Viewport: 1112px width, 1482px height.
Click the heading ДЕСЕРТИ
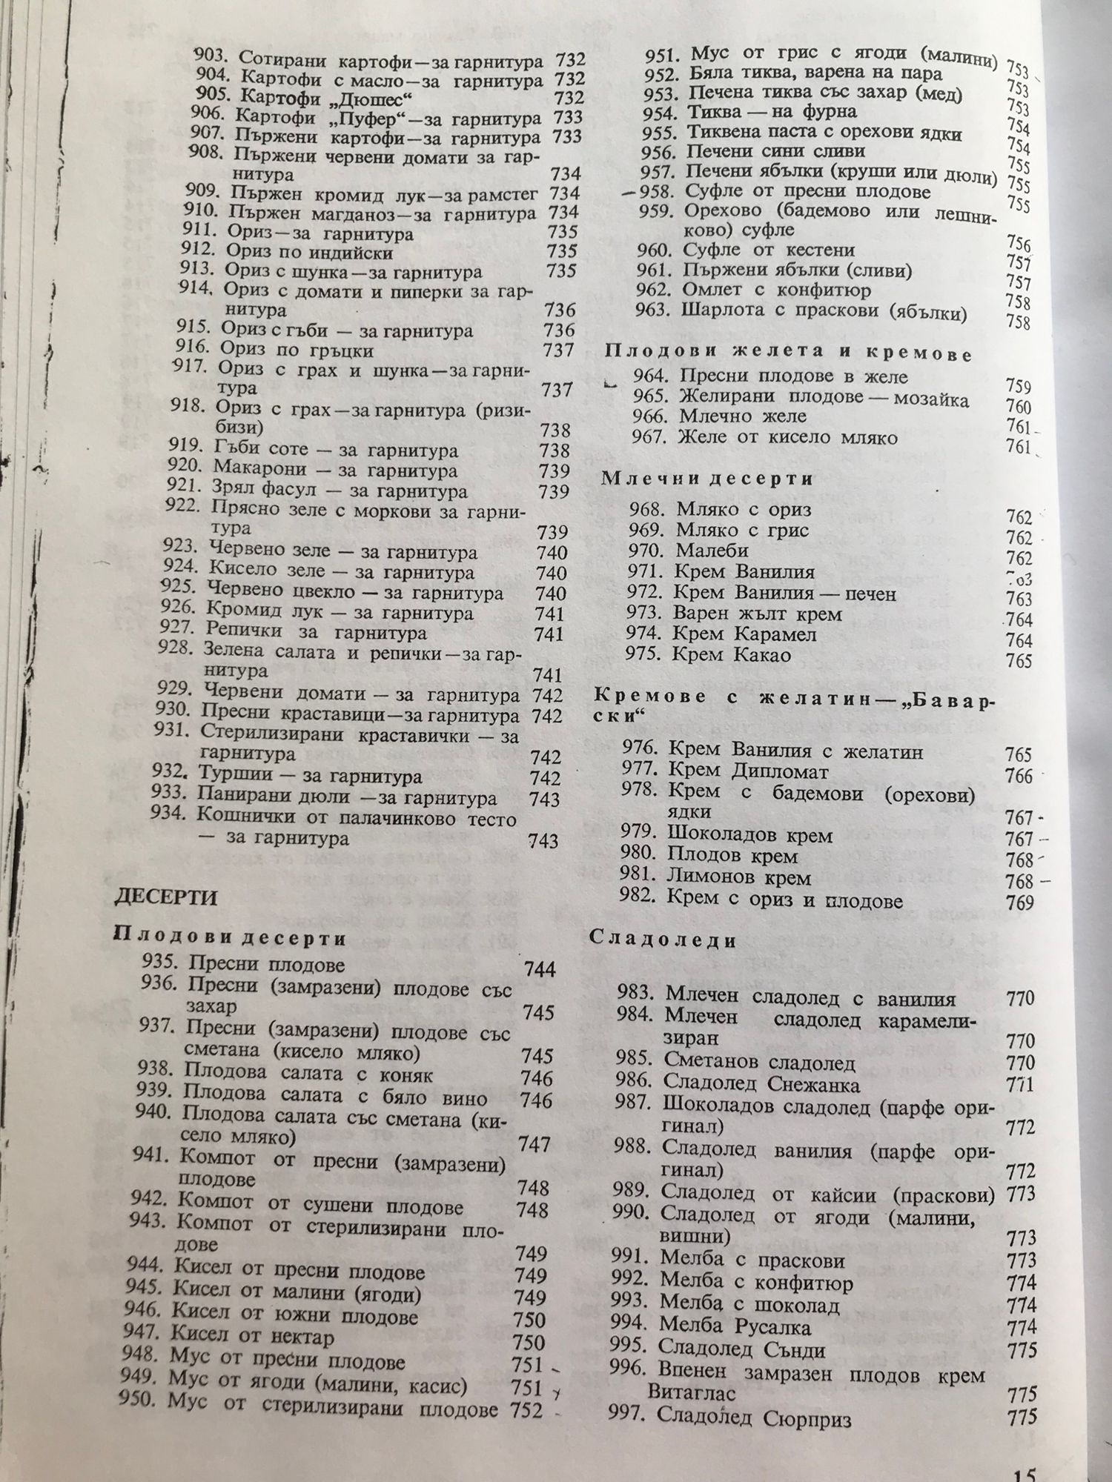(165, 898)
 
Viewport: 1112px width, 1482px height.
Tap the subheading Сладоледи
(663, 941)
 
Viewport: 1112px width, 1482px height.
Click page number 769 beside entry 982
(1021, 903)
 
